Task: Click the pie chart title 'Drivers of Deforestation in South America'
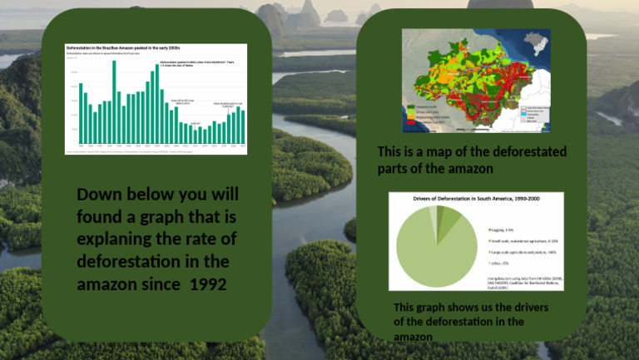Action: point(475,200)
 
